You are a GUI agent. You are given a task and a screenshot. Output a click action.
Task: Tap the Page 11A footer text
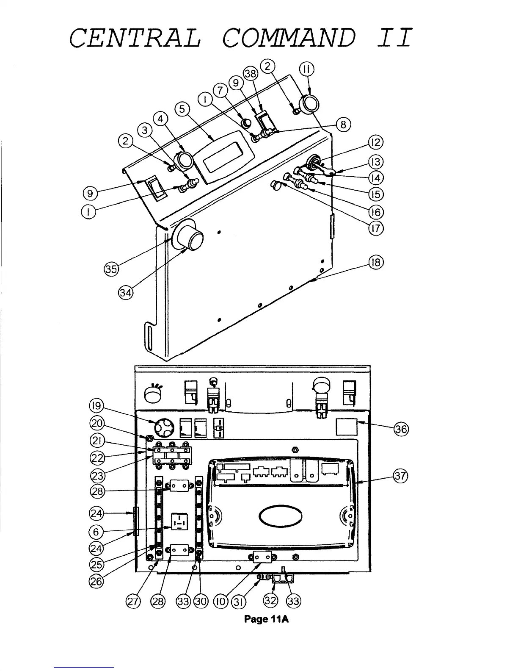[x=267, y=619]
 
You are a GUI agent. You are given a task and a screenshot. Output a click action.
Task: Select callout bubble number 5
[x=183, y=109]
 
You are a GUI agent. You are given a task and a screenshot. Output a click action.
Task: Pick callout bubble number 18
[x=376, y=262]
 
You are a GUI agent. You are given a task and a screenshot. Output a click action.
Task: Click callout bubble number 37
[x=400, y=476]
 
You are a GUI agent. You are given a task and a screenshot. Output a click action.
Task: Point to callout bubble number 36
[x=400, y=429]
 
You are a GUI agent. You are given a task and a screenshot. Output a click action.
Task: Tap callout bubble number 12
[x=376, y=142]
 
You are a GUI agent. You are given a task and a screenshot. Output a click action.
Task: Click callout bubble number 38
[x=251, y=74]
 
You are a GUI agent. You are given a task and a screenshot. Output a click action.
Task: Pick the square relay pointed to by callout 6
[x=179, y=521]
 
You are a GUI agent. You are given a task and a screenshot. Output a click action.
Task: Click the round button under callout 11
[x=309, y=103]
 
